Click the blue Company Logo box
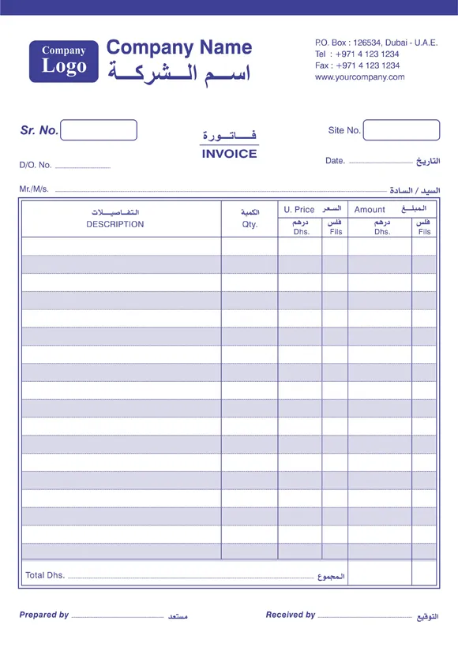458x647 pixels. coord(64,61)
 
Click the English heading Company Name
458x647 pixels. coord(179,47)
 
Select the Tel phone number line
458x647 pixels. coord(357,54)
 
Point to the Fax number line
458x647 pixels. coord(357,65)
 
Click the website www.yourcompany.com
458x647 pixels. coord(359,77)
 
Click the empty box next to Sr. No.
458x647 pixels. coord(99,130)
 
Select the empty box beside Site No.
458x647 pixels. coord(401,130)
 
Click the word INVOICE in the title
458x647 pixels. coord(229,154)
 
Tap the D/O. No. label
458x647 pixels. coord(36,166)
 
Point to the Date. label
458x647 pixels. coord(335,161)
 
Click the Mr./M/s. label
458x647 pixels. coord(34,189)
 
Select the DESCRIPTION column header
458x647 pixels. coord(115,224)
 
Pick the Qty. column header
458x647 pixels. coord(250,224)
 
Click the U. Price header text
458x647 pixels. coord(299,210)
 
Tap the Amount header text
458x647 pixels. coord(370,210)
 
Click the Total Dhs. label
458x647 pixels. coord(45,575)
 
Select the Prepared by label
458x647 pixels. coord(44,615)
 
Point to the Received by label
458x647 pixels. coord(291,615)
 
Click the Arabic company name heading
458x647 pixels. coord(179,73)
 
